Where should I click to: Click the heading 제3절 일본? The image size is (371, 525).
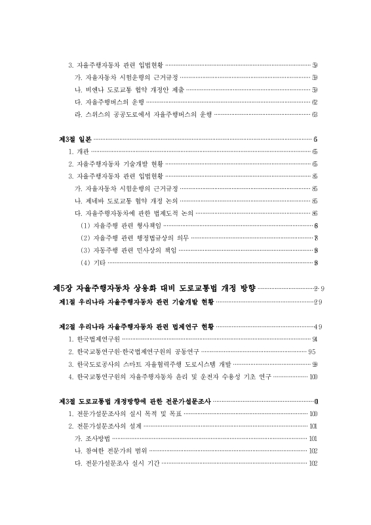(x=73, y=139)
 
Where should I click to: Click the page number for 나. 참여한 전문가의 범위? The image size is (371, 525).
(x=313, y=450)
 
